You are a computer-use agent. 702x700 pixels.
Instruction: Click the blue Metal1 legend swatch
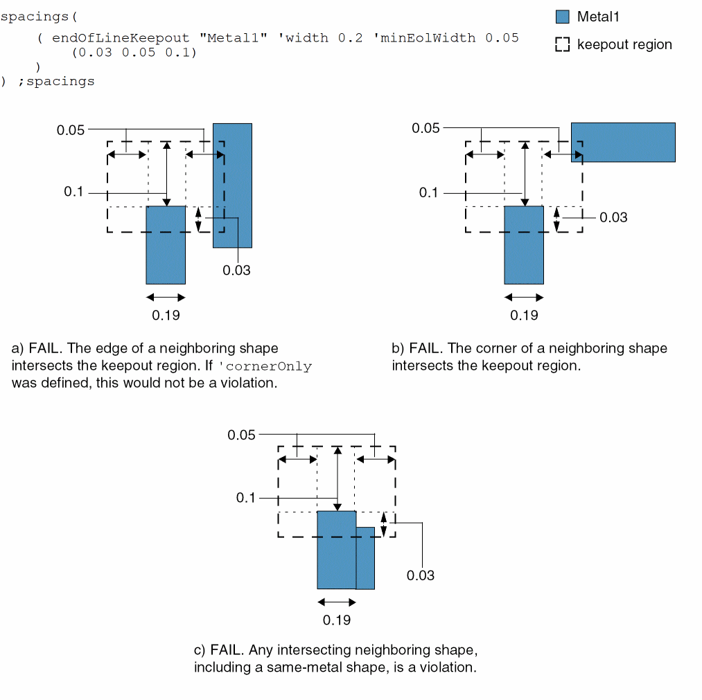click(563, 17)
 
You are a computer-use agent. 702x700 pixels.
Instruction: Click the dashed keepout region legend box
click(563, 45)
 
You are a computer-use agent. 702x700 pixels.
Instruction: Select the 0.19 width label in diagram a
click(166, 316)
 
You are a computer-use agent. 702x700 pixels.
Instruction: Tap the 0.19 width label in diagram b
click(524, 316)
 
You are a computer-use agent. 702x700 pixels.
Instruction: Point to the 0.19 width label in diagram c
click(337, 620)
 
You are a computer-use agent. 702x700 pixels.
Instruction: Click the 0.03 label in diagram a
click(236, 270)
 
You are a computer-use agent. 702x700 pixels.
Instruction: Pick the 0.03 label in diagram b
click(613, 217)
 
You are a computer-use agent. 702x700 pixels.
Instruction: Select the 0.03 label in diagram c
click(421, 575)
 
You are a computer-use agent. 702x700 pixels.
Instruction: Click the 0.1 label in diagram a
click(73, 192)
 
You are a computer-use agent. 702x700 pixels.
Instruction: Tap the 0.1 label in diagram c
click(246, 498)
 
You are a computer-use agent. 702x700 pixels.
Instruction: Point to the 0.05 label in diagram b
click(426, 128)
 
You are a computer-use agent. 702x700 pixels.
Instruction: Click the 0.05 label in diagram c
click(242, 435)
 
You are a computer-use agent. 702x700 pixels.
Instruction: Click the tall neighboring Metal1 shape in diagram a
click(233, 185)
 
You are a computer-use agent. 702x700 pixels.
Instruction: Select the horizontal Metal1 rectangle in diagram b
click(624, 143)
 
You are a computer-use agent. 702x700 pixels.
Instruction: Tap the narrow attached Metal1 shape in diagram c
click(365, 558)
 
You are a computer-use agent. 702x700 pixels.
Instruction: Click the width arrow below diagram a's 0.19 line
click(166, 298)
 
